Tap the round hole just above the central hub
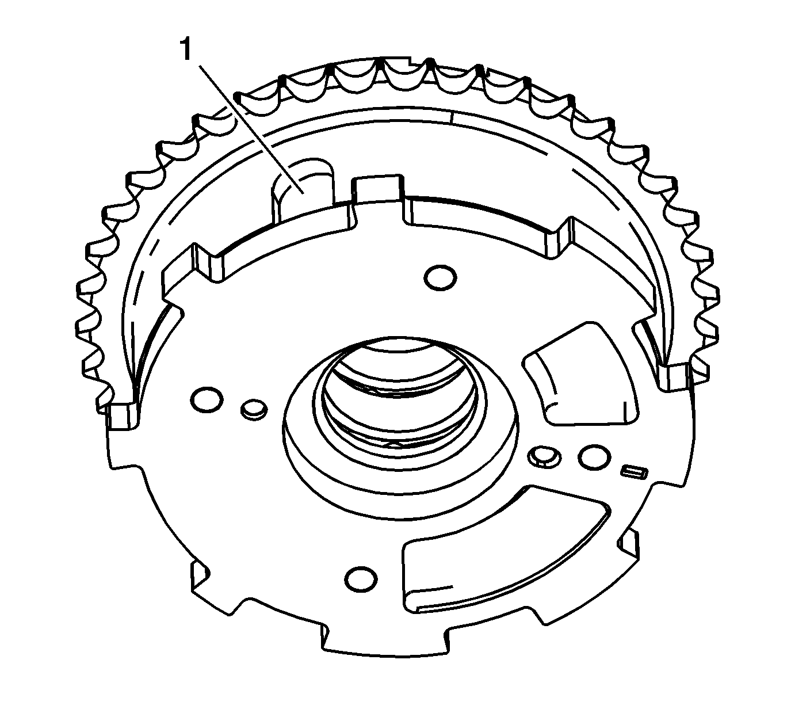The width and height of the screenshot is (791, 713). tap(441, 276)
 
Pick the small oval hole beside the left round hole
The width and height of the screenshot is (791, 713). tap(253, 408)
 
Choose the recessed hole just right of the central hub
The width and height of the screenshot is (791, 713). tap(544, 456)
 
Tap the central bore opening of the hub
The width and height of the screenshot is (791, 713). tap(397, 397)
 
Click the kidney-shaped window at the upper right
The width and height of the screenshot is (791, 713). tap(581, 374)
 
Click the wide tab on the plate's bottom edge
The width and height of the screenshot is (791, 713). tap(385, 639)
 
